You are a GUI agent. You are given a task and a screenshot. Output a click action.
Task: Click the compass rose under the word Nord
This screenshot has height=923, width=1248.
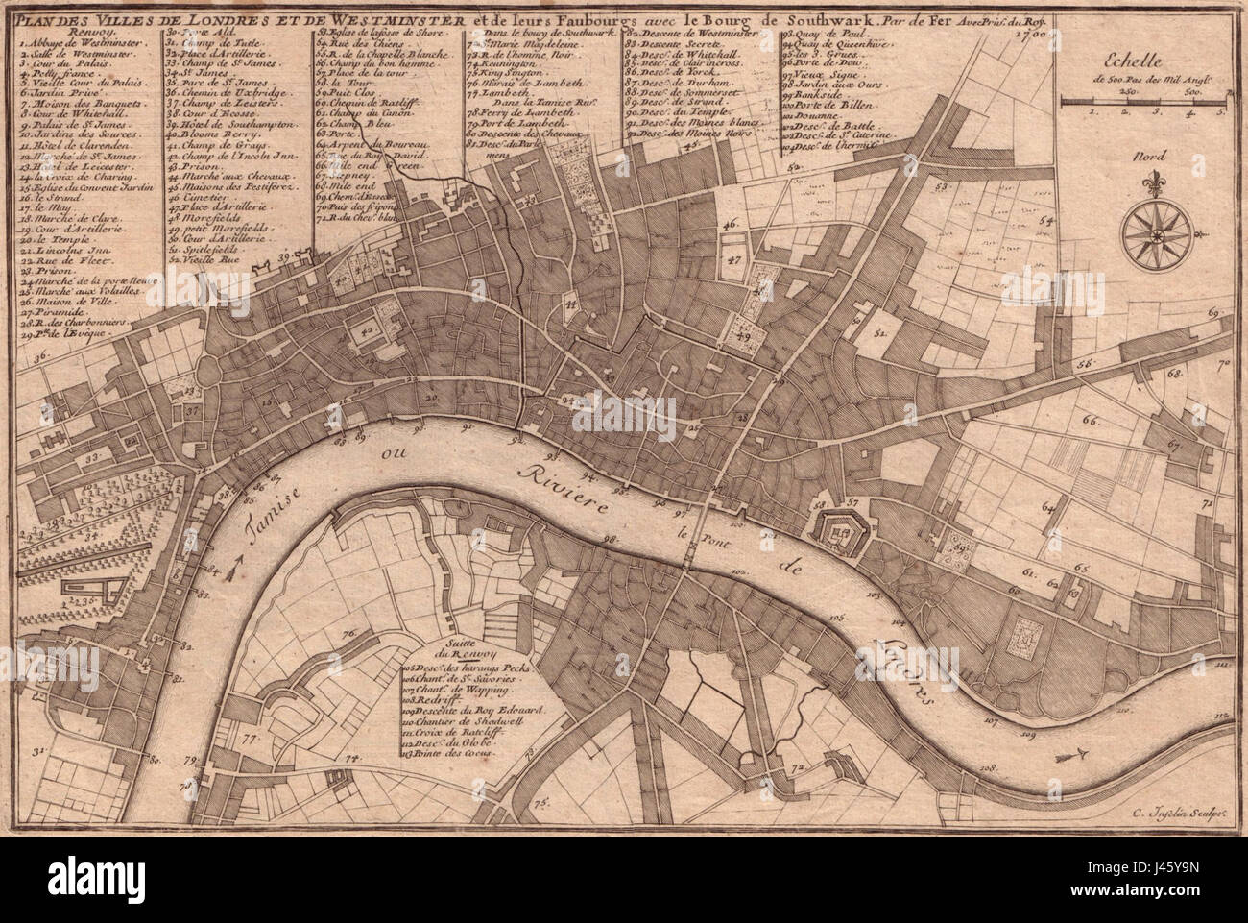tap(1156, 227)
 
